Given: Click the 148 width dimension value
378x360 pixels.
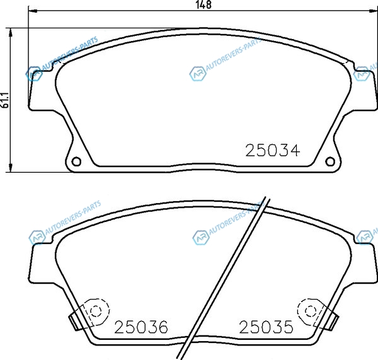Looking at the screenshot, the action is [x=204, y=5].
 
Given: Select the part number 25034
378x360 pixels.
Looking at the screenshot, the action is [x=272, y=151].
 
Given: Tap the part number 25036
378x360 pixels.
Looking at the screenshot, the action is [x=141, y=327].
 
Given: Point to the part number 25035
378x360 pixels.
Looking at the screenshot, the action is [x=266, y=327].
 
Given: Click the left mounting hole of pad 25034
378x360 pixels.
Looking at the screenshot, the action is [x=76, y=161].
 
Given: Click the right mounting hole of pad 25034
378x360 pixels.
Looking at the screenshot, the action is [x=330, y=161].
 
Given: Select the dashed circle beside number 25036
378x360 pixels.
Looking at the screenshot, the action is [x=96, y=311].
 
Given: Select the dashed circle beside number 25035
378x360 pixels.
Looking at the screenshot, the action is [x=310, y=311].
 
